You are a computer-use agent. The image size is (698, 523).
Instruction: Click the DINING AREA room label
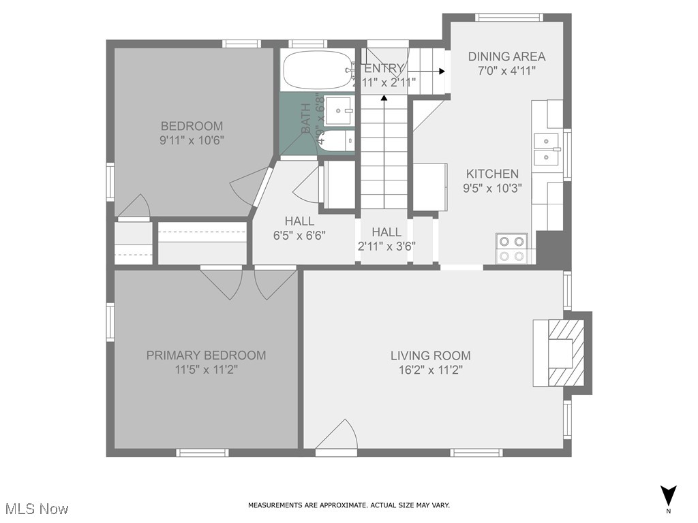click(506, 57)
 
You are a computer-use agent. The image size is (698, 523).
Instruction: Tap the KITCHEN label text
click(492, 174)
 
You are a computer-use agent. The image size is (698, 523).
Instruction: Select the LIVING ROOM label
click(430, 355)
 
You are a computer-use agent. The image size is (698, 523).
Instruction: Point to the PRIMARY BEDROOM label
click(206, 355)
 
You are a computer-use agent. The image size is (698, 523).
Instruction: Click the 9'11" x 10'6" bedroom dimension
click(192, 140)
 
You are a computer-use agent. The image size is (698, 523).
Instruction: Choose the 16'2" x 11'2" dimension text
click(430, 370)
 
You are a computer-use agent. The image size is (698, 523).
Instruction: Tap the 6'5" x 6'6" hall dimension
click(299, 236)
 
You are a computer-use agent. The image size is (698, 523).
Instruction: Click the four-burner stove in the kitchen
click(512, 248)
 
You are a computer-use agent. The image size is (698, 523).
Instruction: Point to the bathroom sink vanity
click(338, 108)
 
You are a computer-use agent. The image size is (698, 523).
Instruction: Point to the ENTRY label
click(384, 68)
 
